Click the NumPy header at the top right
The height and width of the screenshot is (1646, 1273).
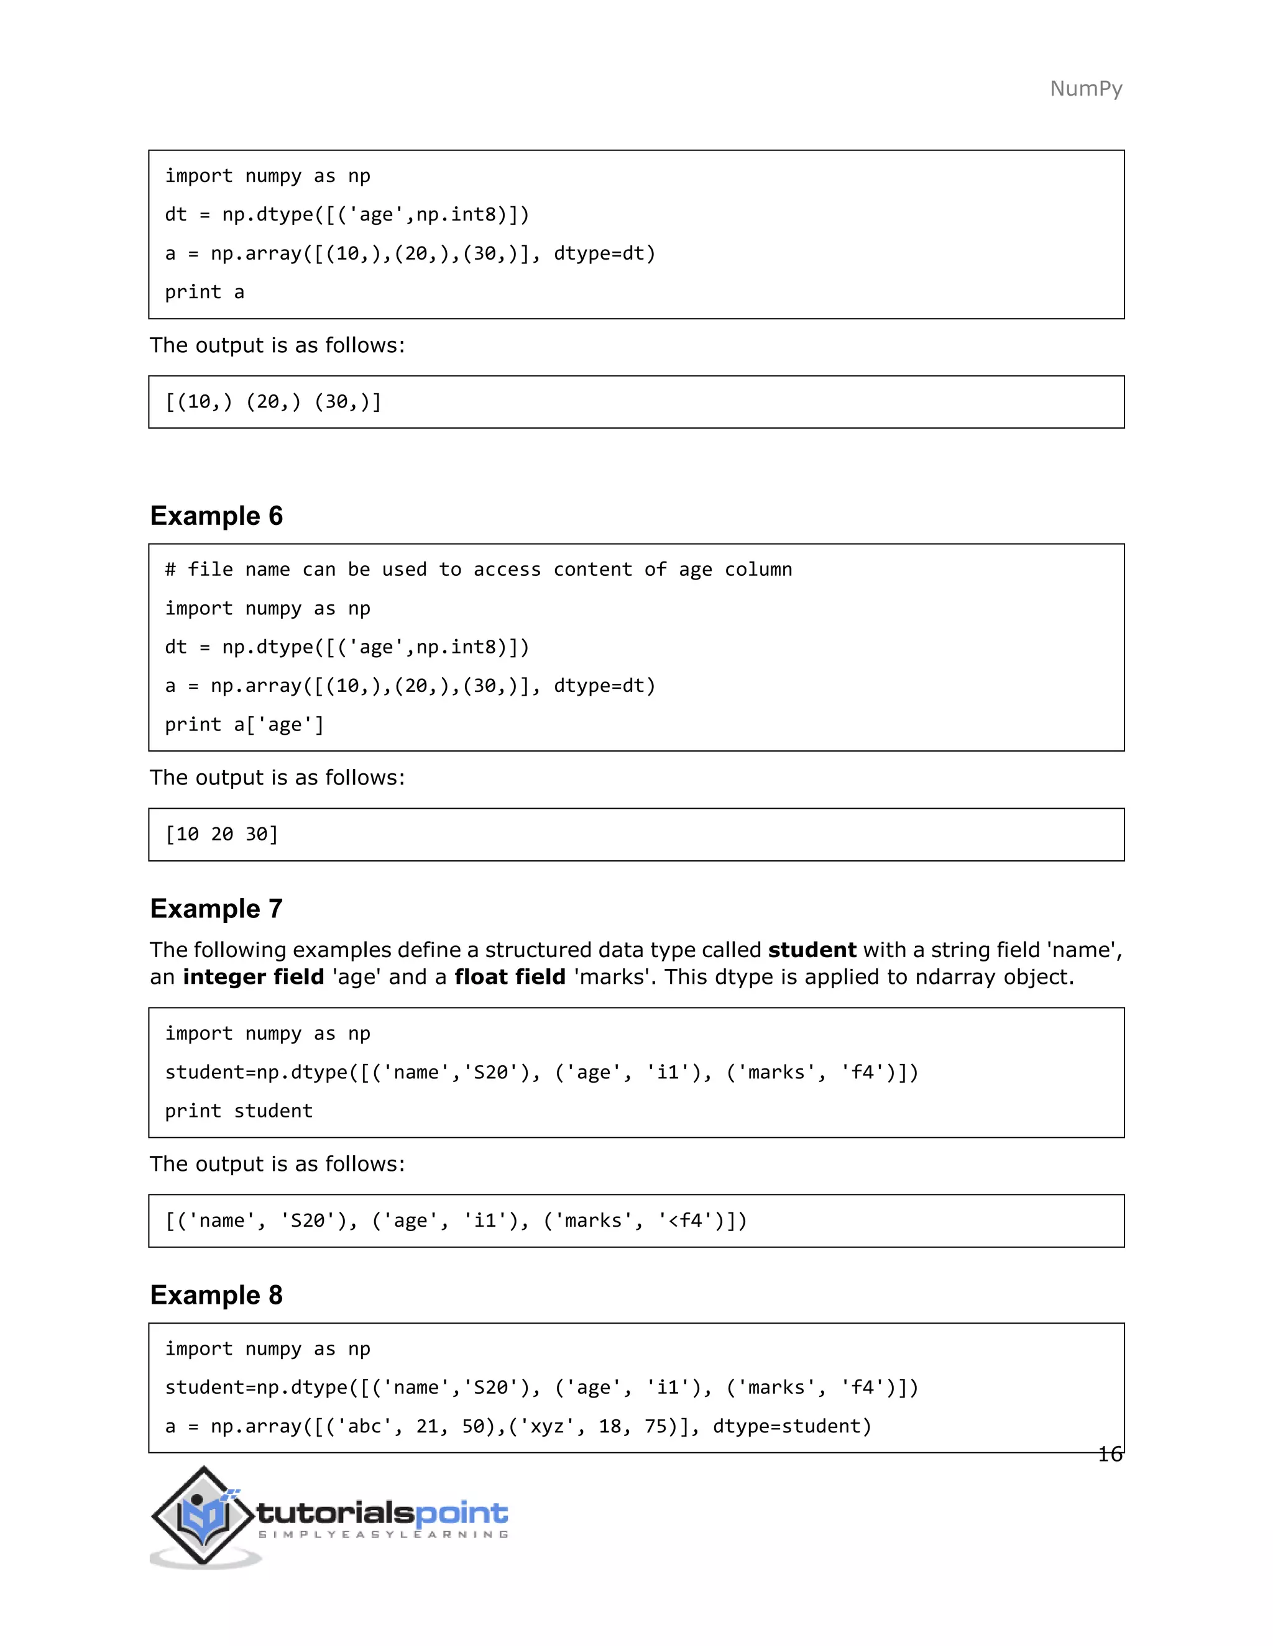pyautogui.click(x=1085, y=89)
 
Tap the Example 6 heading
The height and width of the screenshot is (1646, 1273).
pyautogui.click(x=216, y=516)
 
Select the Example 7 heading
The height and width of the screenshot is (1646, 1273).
pyautogui.click(x=216, y=909)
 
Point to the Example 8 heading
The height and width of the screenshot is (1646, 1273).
pyautogui.click(x=216, y=1295)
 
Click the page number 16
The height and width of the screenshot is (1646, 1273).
pyautogui.click(x=1110, y=1455)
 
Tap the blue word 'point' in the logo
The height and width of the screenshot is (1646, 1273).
pyautogui.click(x=462, y=1512)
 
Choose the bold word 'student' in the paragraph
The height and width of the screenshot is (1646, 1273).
pyautogui.click(x=811, y=950)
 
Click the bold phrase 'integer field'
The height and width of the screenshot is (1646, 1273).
pyautogui.click(x=254, y=977)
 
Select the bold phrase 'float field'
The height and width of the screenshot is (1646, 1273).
pyautogui.click(x=510, y=977)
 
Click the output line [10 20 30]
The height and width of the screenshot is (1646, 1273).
pyautogui.click(x=222, y=834)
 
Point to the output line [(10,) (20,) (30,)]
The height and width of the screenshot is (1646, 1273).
pyautogui.click(x=273, y=402)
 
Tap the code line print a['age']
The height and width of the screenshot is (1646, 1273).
pyautogui.click(x=244, y=725)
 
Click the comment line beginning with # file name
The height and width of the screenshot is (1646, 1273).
pyautogui.click(x=478, y=570)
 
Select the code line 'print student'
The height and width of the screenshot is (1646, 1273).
pyautogui.click(x=238, y=1111)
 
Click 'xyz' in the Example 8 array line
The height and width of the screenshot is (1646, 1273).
pyautogui.click(x=548, y=1426)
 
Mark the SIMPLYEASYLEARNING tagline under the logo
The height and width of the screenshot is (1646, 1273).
pyautogui.click(x=383, y=1534)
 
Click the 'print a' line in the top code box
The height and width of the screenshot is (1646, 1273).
pyautogui.click(x=205, y=293)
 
